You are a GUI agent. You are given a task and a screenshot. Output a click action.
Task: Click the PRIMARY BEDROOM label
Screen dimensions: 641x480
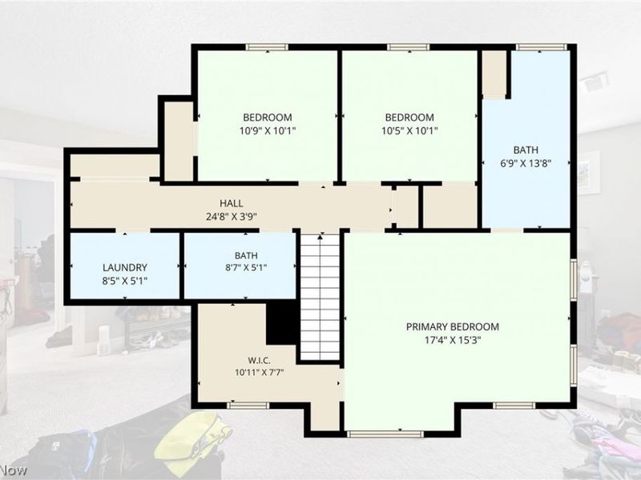[453, 326]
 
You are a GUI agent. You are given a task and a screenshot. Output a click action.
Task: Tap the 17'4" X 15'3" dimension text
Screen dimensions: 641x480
[453, 340]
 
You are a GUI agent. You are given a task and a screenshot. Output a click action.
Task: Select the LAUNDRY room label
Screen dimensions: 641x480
[125, 267]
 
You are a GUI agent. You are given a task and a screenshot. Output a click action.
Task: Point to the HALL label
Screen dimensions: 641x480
[232, 203]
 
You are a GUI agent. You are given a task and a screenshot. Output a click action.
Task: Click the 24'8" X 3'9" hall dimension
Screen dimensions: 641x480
[232, 216]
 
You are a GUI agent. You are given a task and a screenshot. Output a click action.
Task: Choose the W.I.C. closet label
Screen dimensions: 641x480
[259, 361]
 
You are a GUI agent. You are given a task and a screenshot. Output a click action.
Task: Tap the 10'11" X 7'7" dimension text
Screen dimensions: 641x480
[259, 372]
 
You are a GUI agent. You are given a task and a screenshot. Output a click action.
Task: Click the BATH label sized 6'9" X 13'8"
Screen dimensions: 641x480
[526, 150]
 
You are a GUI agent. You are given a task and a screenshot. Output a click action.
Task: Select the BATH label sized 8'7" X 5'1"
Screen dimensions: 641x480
[246, 255]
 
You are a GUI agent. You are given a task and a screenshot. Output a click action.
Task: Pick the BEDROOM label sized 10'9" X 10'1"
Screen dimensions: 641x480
[268, 118]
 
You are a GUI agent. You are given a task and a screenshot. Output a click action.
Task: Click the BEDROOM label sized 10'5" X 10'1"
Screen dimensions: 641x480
[409, 118]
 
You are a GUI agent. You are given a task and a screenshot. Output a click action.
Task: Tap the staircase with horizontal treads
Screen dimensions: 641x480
[320, 297]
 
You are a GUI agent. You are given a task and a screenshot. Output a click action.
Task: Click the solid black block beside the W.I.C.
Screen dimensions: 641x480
[282, 323]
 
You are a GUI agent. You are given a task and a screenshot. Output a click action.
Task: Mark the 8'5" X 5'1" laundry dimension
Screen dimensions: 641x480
[125, 281]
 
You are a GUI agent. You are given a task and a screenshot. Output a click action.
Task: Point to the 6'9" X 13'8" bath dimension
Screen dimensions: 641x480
[526, 163]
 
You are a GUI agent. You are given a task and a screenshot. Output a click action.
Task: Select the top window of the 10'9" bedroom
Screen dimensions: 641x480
[267, 47]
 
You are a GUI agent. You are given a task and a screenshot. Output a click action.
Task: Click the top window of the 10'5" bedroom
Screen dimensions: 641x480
[409, 47]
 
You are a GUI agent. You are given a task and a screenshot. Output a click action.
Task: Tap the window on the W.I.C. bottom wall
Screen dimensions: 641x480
[248, 406]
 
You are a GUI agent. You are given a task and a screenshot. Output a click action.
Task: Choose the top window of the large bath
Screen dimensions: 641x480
[542, 47]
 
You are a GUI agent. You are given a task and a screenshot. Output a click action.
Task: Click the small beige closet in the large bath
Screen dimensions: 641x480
[494, 74]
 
